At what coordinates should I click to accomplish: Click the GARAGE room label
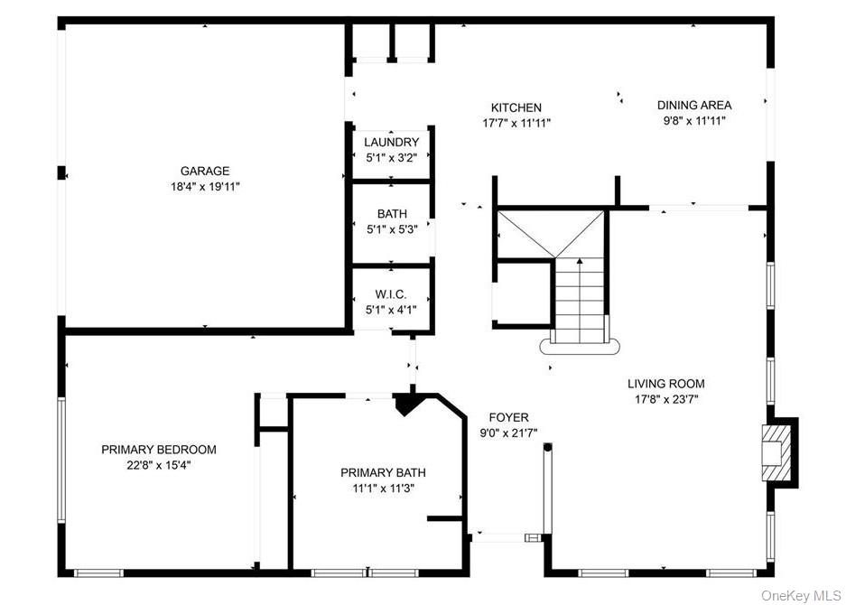[x=205, y=171]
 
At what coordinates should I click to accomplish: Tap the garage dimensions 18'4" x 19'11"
[x=205, y=186]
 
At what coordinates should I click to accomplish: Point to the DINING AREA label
[x=693, y=105]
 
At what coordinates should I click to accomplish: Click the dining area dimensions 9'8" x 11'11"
[x=693, y=120]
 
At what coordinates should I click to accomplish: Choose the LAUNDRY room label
[x=391, y=142]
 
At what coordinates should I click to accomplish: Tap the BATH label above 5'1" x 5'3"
[x=392, y=214]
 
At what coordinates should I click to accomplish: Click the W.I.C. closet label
[x=391, y=294]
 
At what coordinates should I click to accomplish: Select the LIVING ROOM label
[x=666, y=383]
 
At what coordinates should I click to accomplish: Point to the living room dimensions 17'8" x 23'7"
[x=666, y=398]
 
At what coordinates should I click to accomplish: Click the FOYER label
[x=508, y=417]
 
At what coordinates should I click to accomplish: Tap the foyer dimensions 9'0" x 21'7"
[x=508, y=433]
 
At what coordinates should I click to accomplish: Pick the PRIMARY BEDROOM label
[x=159, y=450]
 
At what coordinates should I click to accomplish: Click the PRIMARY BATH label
[x=383, y=472]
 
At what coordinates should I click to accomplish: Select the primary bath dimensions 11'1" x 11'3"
[x=383, y=488]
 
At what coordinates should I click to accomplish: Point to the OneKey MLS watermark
[x=800, y=595]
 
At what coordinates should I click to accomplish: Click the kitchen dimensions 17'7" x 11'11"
[x=516, y=123]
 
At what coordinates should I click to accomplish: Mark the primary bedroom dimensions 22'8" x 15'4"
[x=159, y=465]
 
